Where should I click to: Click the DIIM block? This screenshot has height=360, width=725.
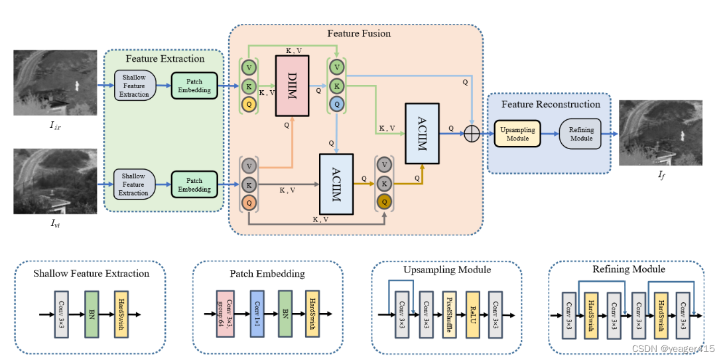click(293, 86)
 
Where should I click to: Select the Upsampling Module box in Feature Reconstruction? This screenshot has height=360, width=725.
click(517, 134)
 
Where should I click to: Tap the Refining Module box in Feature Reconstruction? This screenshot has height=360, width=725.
click(581, 134)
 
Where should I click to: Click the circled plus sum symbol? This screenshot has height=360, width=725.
click(472, 134)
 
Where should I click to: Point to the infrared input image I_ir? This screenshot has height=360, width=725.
click(55, 82)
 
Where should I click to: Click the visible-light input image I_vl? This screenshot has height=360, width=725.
click(55, 181)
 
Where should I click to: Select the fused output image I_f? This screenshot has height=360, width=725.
click(660, 133)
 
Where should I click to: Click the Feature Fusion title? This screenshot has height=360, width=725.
click(359, 33)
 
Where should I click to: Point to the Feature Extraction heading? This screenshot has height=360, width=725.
click(165, 59)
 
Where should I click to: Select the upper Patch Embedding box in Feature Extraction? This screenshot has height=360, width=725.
click(194, 86)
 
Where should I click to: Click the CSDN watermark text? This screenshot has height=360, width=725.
click(673, 348)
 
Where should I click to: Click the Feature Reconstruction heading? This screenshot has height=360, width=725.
click(551, 104)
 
